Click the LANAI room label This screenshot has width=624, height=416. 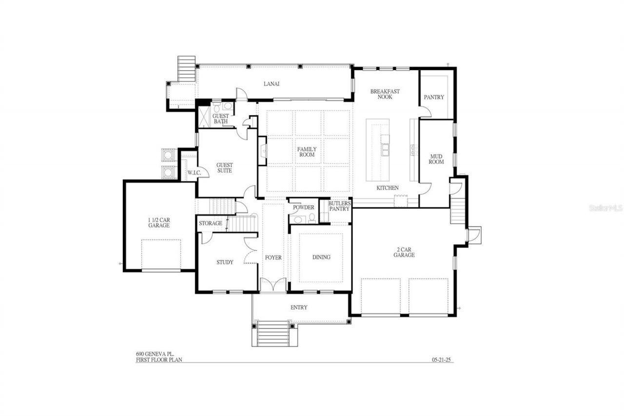pos(272,83)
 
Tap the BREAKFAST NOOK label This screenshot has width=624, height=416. pos(385,94)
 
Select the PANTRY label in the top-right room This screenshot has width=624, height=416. pos(433,97)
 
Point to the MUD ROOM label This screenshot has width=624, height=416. pos(436,159)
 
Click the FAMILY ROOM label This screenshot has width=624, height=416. pos(307,152)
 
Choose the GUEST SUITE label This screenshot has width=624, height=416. pos(224,168)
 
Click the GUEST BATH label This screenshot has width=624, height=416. pos(220,118)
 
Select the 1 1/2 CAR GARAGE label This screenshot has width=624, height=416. pos(159,222)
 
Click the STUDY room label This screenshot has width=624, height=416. pos(225,262)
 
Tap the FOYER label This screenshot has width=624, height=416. pos(273,258)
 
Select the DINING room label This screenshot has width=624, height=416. pos(321,257)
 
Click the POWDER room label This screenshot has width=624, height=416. pos(303,207)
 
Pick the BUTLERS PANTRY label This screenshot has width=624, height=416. pos(339,206)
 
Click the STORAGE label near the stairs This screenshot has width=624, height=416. pos(211,223)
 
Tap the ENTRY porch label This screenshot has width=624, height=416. pos(299,307)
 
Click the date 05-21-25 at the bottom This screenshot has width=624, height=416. pos(442,360)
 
